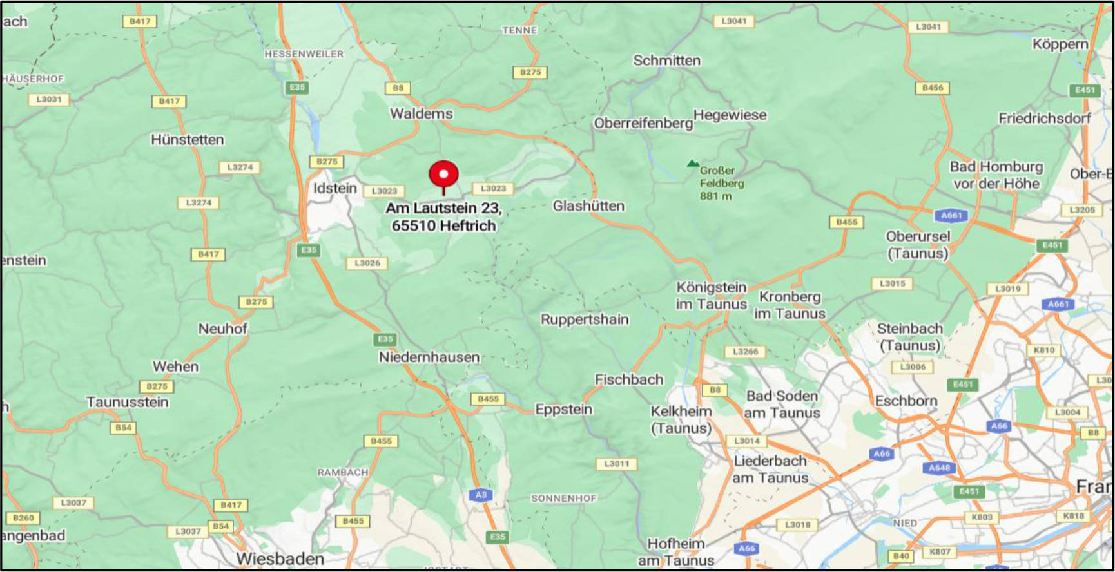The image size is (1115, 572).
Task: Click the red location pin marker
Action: pyautogui.click(x=443, y=175)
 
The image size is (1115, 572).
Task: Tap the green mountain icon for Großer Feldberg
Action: pyautogui.click(x=693, y=164)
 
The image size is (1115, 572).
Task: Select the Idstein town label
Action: pyautogui.click(x=334, y=188)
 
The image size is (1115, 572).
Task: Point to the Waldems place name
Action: pyautogui.click(x=421, y=113)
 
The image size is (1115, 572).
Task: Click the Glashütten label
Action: pyautogui.click(x=588, y=206)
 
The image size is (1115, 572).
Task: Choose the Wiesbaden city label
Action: pyautogui.click(x=280, y=558)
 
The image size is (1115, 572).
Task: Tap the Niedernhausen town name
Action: pyautogui.click(x=429, y=357)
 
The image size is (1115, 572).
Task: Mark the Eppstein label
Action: pyautogui.click(x=563, y=409)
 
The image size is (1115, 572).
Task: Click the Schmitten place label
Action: pyautogui.click(x=666, y=61)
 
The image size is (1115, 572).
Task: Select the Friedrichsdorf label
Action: pyautogui.click(x=1044, y=119)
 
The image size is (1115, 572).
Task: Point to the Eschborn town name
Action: pyautogui.click(x=906, y=401)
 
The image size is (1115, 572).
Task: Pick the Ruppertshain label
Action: pyautogui.click(x=584, y=319)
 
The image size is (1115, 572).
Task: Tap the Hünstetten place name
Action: pyautogui.click(x=187, y=140)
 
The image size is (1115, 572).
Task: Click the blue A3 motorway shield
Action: pyautogui.click(x=481, y=495)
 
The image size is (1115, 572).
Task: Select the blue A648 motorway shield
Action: pyautogui.click(x=939, y=468)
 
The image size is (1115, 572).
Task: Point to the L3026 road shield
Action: pyautogui.click(x=367, y=263)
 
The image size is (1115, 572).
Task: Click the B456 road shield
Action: pyautogui.click(x=932, y=88)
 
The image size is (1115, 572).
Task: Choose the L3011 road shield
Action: pyautogui.click(x=617, y=464)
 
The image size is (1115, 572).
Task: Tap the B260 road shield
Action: pyautogui.click(x=23, y=518)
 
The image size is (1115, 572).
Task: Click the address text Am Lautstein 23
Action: pyautogui.click(x=443, y=208)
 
